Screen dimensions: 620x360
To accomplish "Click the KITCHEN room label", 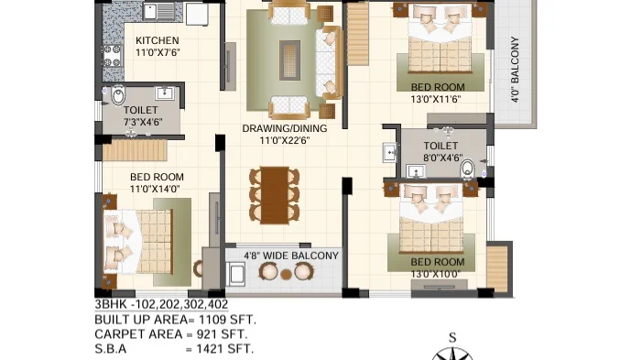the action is coord(158,40).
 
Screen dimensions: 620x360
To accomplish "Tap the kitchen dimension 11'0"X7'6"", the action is coord(158,52).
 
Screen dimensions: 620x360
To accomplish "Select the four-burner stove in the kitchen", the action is coord(113,56).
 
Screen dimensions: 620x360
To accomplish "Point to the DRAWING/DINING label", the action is coord(285,128).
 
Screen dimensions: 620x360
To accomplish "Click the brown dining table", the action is coord(275,195).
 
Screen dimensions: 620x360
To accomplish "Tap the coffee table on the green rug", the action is coord(289,60).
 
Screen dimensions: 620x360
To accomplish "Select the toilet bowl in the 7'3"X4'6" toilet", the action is coord(118,96).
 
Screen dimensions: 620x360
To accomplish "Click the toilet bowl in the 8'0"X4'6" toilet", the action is coord(467,169).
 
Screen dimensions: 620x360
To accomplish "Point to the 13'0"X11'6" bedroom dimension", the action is coord(436,99).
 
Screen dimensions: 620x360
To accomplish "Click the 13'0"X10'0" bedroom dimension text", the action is coord(435,274).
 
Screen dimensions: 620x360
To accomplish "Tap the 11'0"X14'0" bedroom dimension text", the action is coord(155,189).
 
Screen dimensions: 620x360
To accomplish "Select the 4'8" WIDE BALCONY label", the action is coord(291,256).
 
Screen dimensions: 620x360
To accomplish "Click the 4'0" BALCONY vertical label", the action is coord(515,70).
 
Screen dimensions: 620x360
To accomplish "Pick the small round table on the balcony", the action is coord(286,274).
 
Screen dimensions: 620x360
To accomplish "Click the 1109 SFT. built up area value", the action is coord(227,320).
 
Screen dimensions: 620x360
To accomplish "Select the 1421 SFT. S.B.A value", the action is coord(224,349).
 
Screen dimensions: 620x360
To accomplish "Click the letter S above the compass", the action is coord(452,337).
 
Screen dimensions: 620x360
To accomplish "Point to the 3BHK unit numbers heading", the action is coord(161,304).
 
